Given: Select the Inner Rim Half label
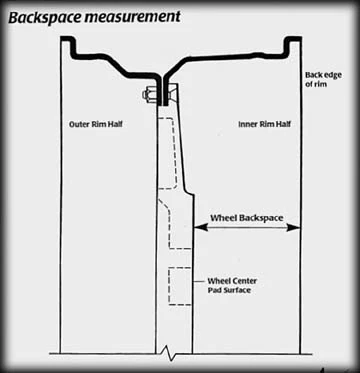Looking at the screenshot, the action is point(265,125).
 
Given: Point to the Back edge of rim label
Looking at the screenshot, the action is point(323,79).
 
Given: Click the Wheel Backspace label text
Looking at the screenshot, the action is point(247,218).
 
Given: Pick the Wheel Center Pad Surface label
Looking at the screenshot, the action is point(232,285).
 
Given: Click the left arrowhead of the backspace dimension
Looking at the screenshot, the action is point(199,227).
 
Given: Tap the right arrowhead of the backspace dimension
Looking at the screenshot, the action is point(294,227).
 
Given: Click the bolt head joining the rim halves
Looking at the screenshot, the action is point(149,95).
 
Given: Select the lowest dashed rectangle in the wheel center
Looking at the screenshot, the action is point(180,286).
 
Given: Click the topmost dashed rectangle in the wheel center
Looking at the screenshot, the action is point(167,153).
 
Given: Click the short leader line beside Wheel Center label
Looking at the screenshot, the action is point(199,282).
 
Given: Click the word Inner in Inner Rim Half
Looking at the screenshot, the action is point(248,125).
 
